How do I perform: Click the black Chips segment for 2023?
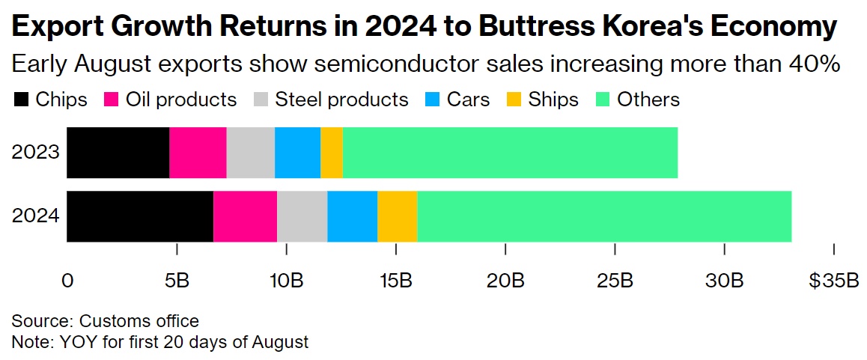click(x=118, y=153)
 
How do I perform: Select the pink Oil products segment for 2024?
click(x=245, y=216)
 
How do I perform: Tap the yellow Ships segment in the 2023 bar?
click(x=332, y=153)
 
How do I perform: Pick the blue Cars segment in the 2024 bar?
click(x=352, y=216)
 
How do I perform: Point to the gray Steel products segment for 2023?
click(x=250, y=153)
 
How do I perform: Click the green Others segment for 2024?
click(x=604, y=216)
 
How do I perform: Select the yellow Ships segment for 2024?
click(x=397, y=216)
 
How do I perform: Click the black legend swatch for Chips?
click(x=20, y=100)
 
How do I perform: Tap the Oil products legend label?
click(x=180, y=100)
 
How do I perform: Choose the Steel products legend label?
click(x=341, y=100)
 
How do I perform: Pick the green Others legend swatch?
click(x=603, y=100)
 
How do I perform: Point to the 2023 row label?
click(x=35, y=153)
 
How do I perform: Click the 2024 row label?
click(x=35, y=216)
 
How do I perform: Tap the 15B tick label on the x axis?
click(x=396, y=281)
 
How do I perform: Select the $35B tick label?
click(x=833, y=281)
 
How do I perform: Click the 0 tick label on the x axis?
click(x=67, y=281)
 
